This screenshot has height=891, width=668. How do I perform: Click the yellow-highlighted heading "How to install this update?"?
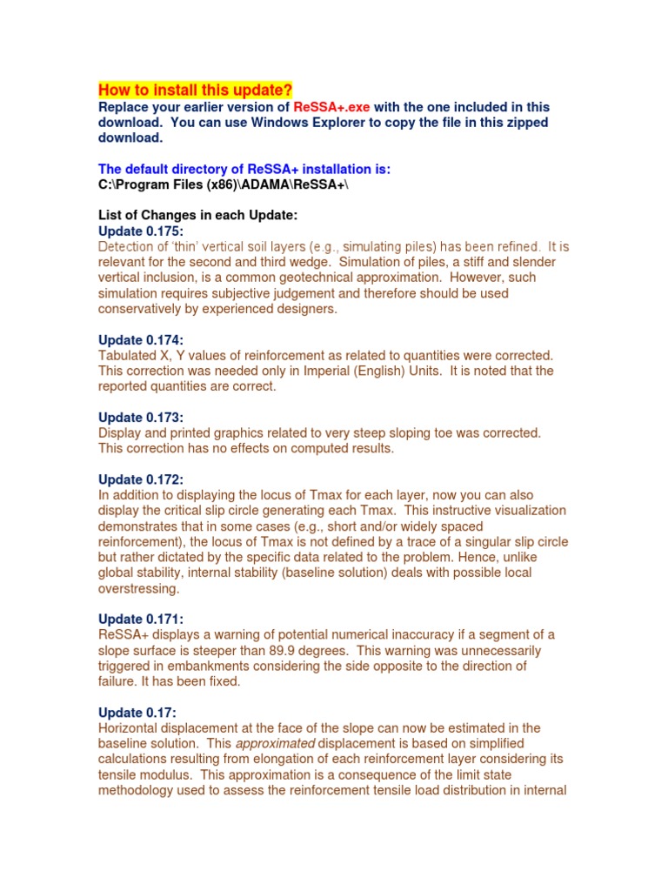195,90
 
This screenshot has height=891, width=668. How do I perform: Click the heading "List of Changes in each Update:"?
198,216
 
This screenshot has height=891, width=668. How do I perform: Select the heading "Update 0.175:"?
141,231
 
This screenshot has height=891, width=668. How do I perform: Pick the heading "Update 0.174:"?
141,340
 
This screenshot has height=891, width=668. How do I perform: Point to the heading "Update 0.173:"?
141,418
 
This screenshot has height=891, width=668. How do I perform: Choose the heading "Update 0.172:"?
141,479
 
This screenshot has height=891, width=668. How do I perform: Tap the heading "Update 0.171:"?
141,619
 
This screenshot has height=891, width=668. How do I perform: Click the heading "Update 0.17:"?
137,713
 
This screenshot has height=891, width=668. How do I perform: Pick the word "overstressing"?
139,588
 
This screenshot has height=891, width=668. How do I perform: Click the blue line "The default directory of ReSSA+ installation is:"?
244,170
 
